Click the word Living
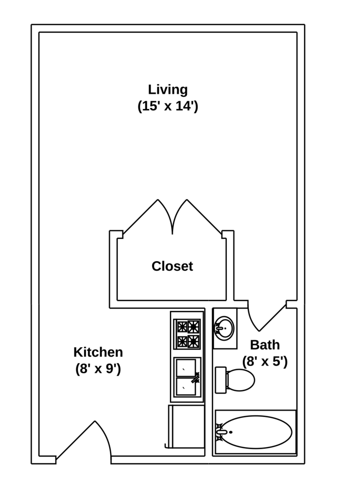(168, 89)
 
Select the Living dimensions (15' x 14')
(168, 106)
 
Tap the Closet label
(172, 266)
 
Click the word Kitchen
(98, 352)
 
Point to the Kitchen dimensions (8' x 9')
(98, 369)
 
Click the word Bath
(265, 345)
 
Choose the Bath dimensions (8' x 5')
(265, 361)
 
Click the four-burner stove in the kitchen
(187, 334)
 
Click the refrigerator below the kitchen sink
(186, 427)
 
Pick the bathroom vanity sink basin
(224, 328)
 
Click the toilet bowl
(241, 380)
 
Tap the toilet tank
(220, 380)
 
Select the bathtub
(257, 432)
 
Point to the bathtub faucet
(221, 432)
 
